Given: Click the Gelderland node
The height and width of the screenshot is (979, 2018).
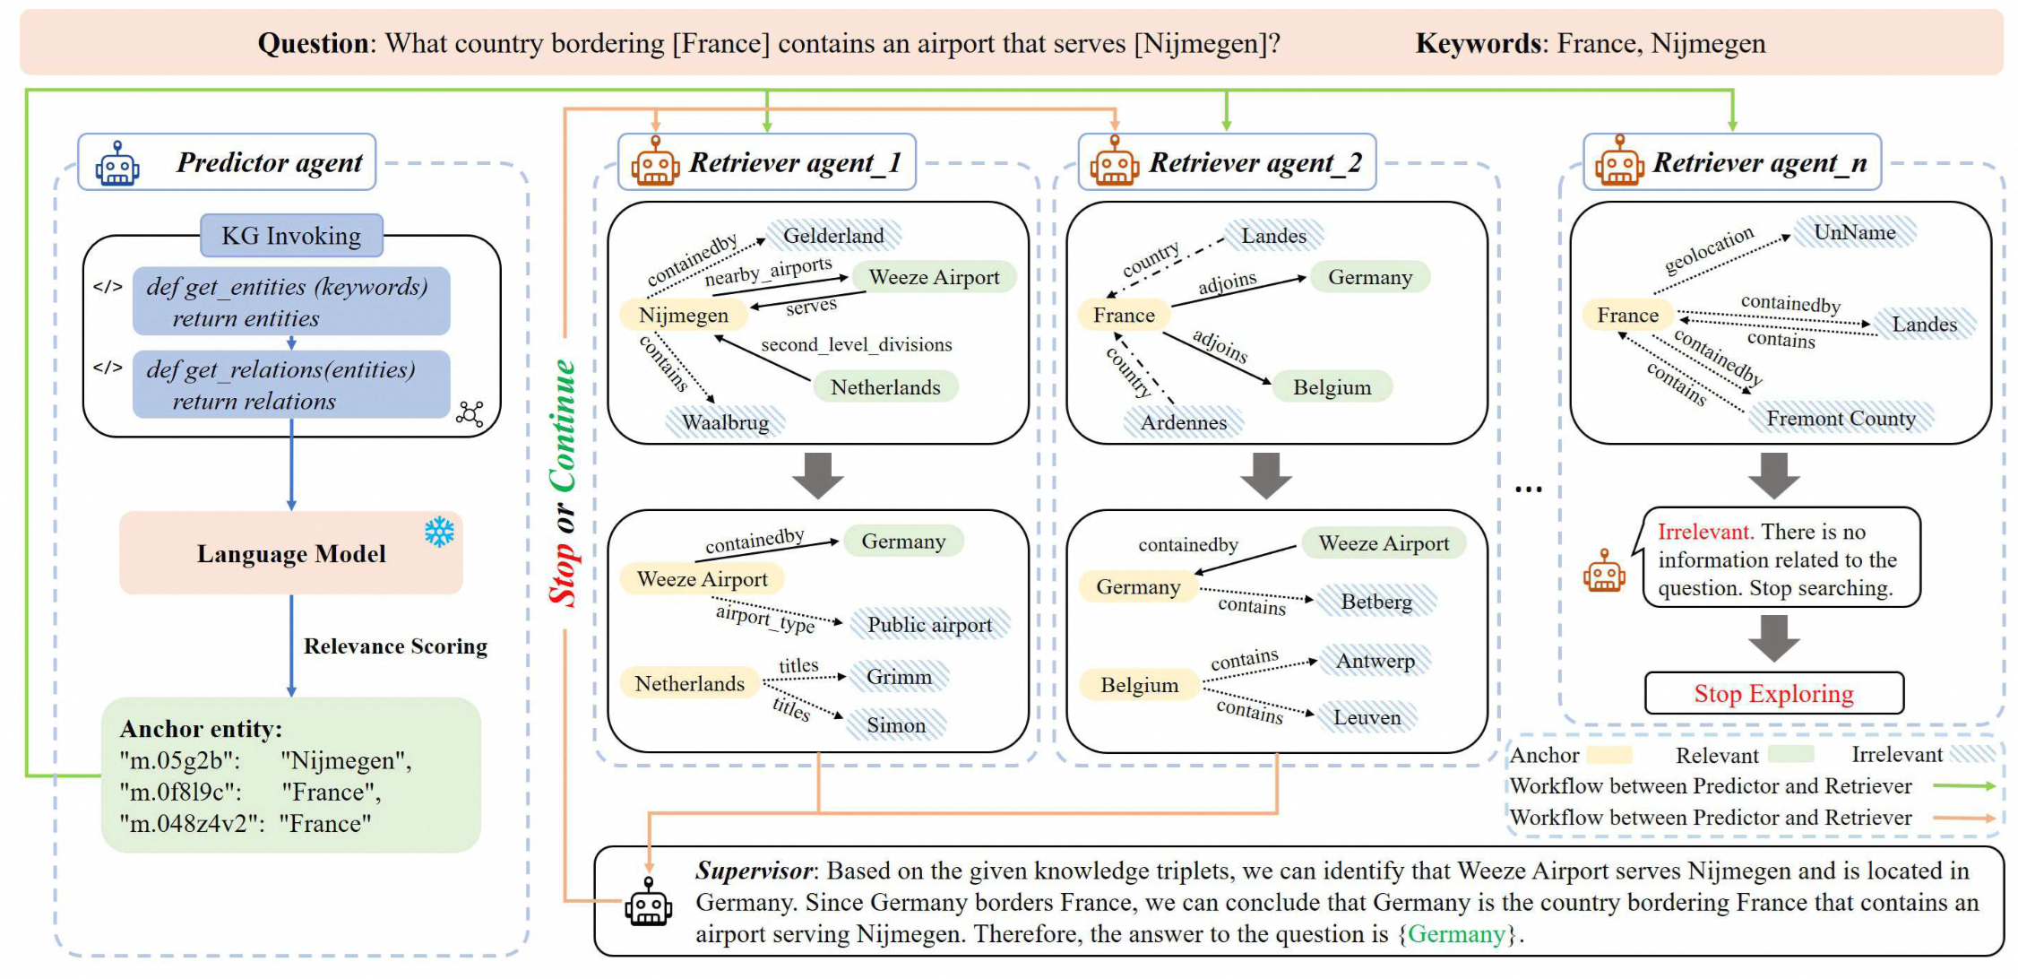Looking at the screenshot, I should [x=833, y=236].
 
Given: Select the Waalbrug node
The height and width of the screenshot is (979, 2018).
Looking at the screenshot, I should [x=725, y=422].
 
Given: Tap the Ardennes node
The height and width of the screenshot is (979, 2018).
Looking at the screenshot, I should [x=1183, y=422].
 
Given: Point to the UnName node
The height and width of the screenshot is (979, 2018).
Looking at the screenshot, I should [x=1854, y=232].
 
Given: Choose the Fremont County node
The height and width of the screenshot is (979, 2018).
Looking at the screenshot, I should [x=1841, y=419].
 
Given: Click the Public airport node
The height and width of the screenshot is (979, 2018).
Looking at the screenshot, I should [x=929, y=625].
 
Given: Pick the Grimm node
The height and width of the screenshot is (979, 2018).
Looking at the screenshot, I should [x=899, y=677].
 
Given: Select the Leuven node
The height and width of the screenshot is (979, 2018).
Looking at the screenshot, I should [x=1367, y=717].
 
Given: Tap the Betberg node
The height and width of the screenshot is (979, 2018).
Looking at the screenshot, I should [x=1376, y=602].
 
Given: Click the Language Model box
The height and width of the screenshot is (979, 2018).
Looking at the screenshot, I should [x=291, y=554].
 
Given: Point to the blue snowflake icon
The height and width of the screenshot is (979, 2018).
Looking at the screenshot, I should [x=439, y=533].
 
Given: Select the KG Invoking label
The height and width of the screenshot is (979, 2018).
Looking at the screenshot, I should [x=291, y=236].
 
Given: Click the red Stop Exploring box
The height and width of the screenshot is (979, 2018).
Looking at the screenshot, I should [x=1773, y=694].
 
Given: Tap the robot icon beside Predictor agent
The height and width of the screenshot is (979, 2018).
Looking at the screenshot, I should [x=117, y=164].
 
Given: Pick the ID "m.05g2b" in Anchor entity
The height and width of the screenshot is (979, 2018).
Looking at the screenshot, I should [x=179, y=761].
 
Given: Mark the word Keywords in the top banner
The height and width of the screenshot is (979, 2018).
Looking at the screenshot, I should [x=1477, y=43].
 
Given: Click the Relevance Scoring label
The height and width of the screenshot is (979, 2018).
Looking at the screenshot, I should [x=395, y=646].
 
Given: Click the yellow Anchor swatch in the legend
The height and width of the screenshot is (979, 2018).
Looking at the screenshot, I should [x=1609, y=755].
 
